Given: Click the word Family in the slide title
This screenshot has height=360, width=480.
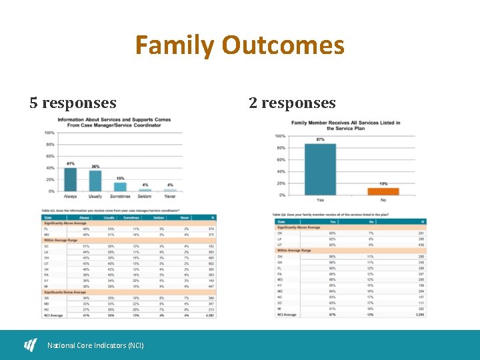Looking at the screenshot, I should coord(175,46).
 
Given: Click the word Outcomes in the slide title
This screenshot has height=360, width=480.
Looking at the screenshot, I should coord(283,46).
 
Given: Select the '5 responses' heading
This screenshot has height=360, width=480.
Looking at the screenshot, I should coord(73,103).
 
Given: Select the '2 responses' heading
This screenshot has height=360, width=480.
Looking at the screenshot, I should coord(292,103).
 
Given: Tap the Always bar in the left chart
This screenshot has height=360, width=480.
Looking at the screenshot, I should coord(70,179).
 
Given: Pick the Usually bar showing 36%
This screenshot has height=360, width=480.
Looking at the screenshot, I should coord(95,181).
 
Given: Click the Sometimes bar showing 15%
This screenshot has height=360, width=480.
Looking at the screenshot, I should coord(120,186).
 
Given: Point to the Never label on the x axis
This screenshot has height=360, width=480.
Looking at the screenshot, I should coord(170,197).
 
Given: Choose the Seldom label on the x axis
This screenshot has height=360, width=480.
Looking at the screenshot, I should coord(145,197).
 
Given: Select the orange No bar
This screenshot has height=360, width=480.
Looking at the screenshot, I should coord(383,191).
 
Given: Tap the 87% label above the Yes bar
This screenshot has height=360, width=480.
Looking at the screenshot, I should coord(320,139).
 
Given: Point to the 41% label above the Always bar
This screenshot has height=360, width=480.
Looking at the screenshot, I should coord(70,163).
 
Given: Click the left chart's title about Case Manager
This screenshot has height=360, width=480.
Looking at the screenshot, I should coord(114,123).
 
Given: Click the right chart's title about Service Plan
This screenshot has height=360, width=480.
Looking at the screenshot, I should coord(345,125).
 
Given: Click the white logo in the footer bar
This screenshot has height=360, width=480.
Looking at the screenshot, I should coord(31,345).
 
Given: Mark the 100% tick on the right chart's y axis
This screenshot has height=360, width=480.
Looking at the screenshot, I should coord(280,136).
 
